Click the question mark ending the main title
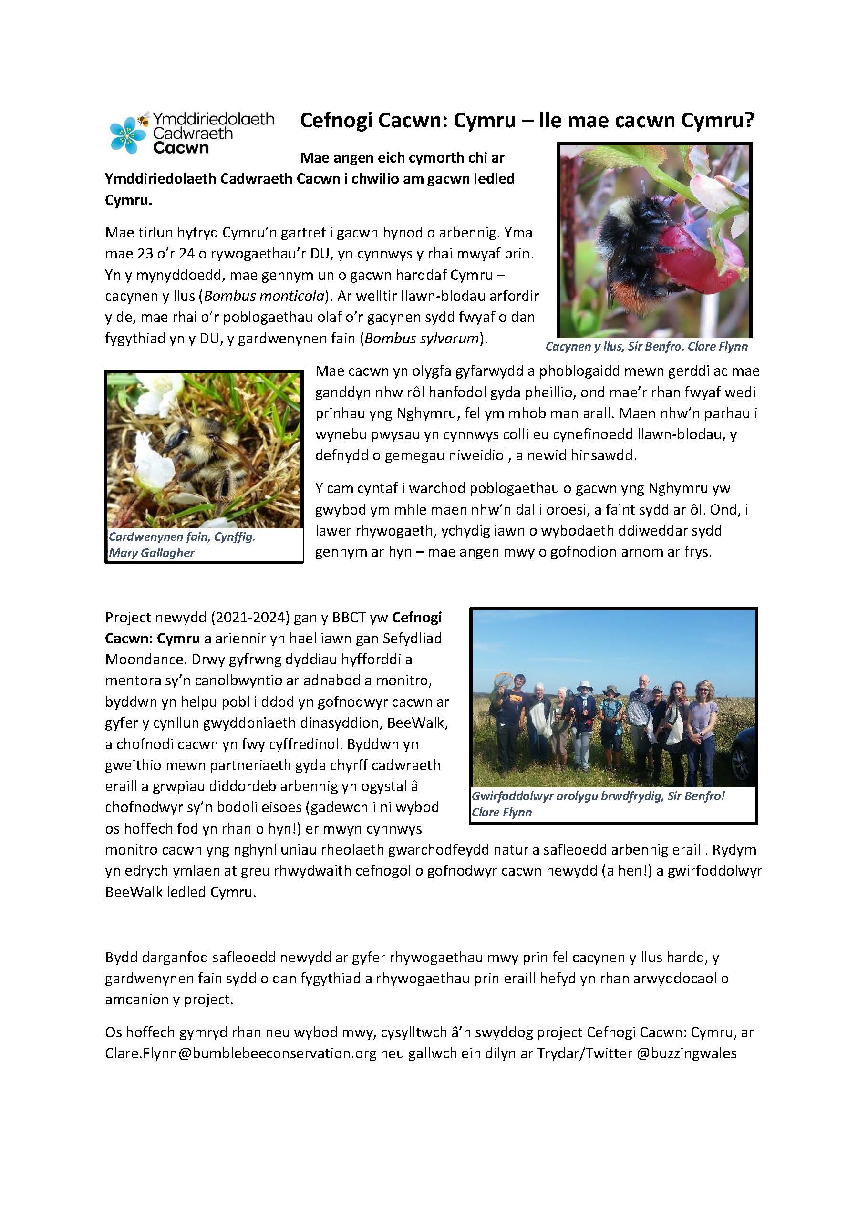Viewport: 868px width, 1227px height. coord(748,121)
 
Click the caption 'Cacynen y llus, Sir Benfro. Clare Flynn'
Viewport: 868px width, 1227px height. coord(646,346)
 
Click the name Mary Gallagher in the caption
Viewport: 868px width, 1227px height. coord(152,553)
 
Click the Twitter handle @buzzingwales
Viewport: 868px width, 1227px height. coord(687,1053)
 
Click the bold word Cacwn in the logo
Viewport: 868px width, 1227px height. coord(181,147)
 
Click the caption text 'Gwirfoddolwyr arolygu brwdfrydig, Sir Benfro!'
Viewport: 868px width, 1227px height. coord(598,796)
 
